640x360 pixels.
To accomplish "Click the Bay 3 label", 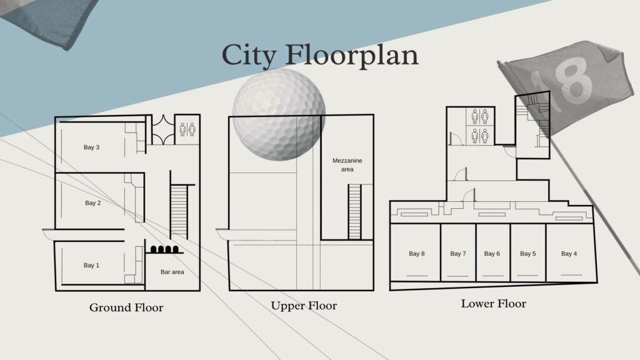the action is pyautogui.click(x=91, y=147).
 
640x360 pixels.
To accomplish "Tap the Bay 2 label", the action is pyautogui.click(x=93, y=203).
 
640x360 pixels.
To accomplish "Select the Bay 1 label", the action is pyautogui.click(x=91, y=265).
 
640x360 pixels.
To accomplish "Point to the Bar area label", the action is pyautogui.click(x=172, y=272).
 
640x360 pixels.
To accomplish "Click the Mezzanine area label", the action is pyautogui.click(x=347, y=165).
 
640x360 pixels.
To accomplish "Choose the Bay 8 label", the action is pyautogui.click(x=417, y=254).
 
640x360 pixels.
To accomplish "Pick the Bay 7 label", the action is pyautogui.click(x=458, y=254).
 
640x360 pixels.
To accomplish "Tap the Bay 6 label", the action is pyautogui.click(x=492, y=254).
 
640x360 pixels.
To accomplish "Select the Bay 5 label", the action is pyautogui.click(x=527, y=254).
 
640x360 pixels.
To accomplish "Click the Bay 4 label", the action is pyautogui.click(x=569, y=254).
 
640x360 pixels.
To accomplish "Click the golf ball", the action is pyautogui.click(x=279, y=114).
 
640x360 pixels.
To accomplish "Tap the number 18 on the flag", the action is pyautogui.click(x=563, y=82).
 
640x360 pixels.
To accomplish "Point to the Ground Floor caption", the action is pyautogui.click(x=126, y=307).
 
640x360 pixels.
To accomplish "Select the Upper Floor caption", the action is pyautogui.click(x=304, y=306).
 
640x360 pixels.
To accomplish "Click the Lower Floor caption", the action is pyautogui.click(x=494, y=304).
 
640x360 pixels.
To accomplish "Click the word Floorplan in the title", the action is pyautogui.click(x=351, y=56).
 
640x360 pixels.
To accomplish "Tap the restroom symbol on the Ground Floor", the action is pyautogui.click(x=187, y=129).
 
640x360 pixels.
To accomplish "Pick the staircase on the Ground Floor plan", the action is pyautogui.click(x=179, y=211).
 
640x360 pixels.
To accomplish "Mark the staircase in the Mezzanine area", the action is pyautogui.click(x=354, y=211).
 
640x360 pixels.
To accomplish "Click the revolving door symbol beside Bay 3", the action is pyautogui.click(x=163, y=130).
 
